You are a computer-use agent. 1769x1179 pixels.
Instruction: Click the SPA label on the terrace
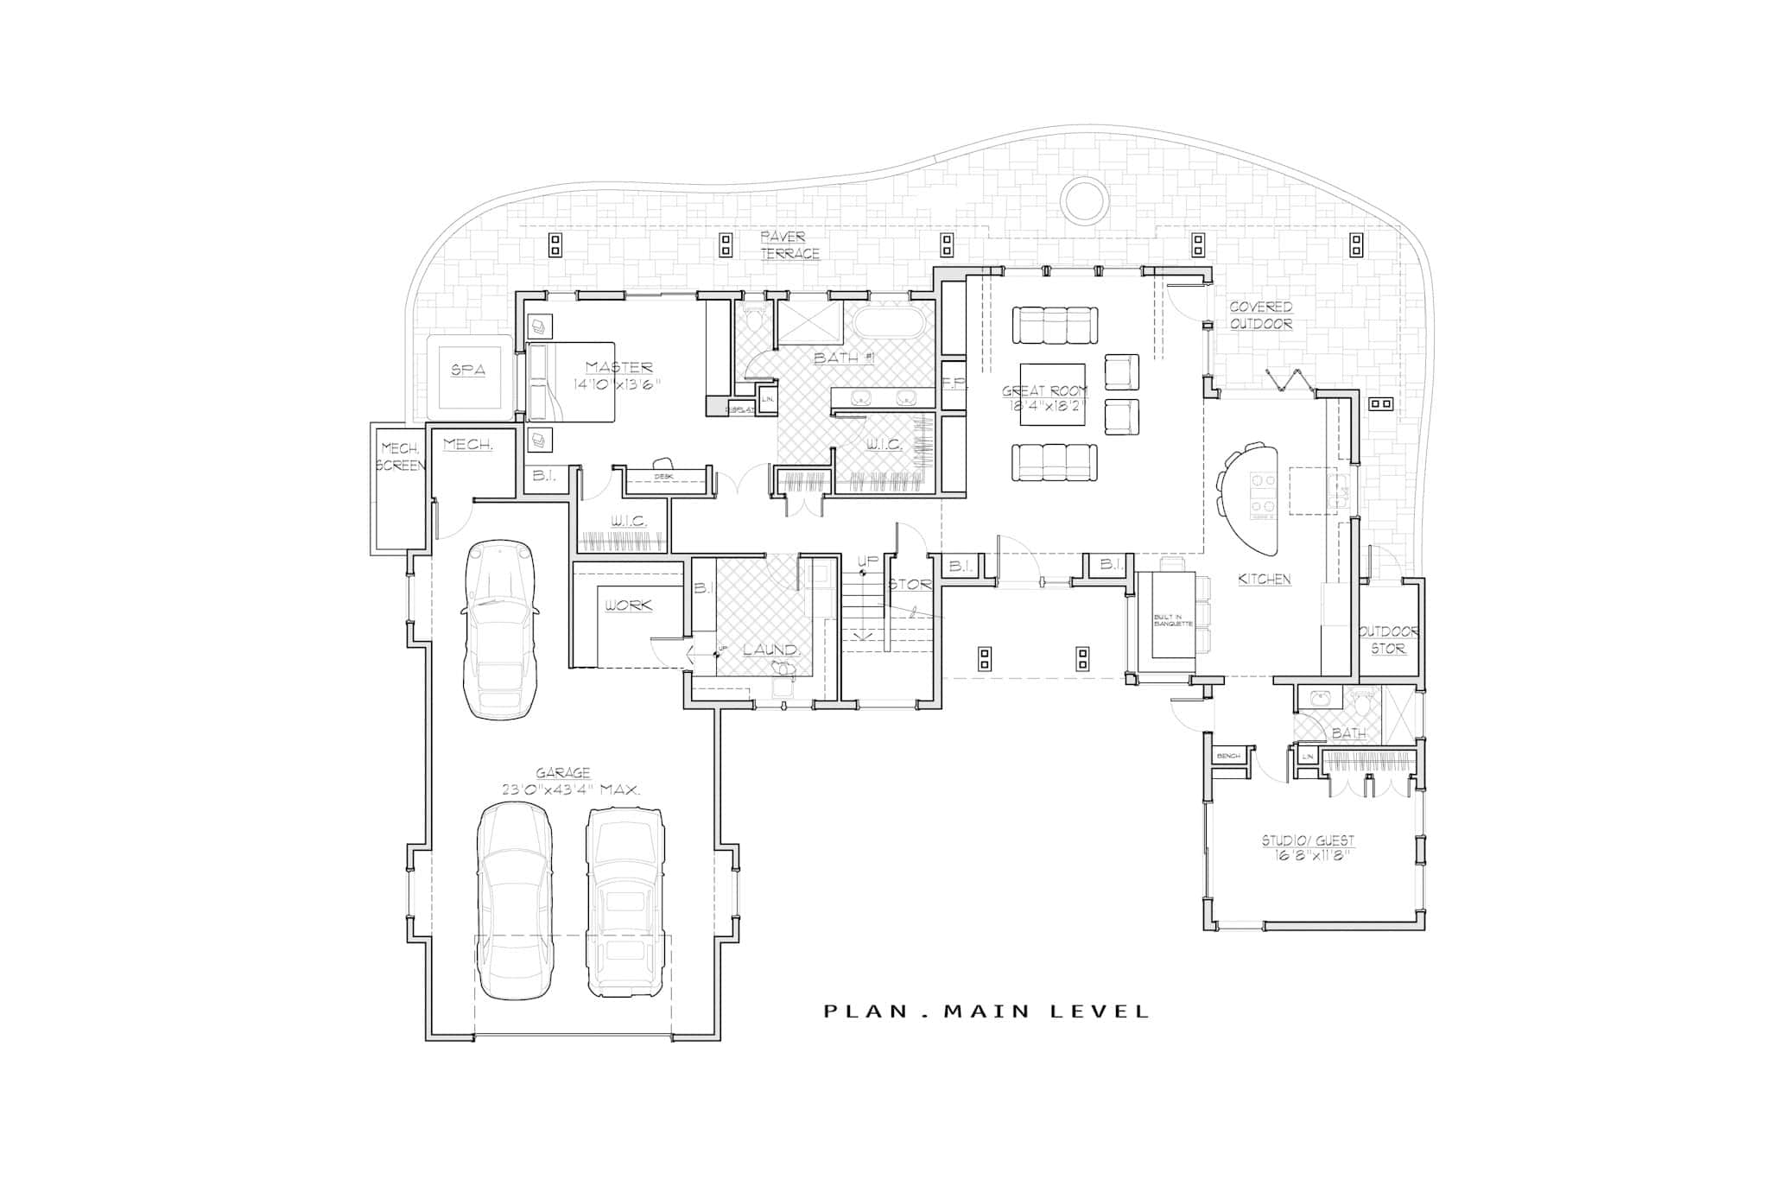[x=467, y=371]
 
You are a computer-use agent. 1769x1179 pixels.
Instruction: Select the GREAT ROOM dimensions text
[x=1044, y=404]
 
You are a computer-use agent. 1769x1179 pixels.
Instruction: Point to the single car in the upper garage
[x=499, y=630]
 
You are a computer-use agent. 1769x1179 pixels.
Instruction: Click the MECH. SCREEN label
[x=401, y=457]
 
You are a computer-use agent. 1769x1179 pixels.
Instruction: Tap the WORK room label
[x=628, y=605]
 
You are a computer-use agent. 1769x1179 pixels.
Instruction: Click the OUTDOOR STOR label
[x=1387, y=640]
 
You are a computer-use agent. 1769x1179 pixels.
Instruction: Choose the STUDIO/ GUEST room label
[x=1308, y=840]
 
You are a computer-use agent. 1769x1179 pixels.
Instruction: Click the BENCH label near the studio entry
[x=1228, y=757]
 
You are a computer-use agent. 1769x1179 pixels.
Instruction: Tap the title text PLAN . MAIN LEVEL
[x=986, y=1011]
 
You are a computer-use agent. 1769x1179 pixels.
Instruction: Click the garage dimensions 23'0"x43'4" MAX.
[x=571, y=789]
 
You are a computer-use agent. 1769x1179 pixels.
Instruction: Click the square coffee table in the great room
[x=1046, y=393]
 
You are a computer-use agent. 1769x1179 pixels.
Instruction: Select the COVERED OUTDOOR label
[x=1260, y=315]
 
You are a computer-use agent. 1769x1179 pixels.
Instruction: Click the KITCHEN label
[x=1264, y=580]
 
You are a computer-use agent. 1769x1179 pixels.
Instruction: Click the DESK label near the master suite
[x=663, y=476]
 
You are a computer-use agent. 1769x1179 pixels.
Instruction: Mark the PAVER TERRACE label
[x=789, y=244]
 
